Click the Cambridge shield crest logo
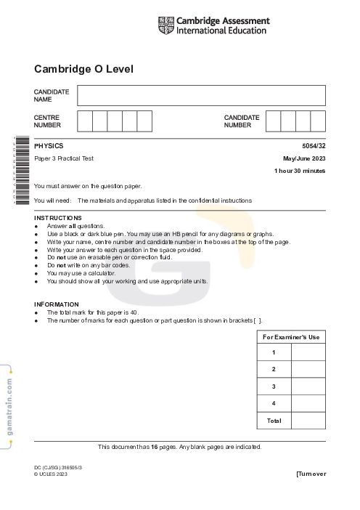[x=165, y=26]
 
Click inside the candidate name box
[x=201, y=96]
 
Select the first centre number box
[x=85, y=121]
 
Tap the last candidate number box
[x=318, y=121]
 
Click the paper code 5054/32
[x=314, y=146]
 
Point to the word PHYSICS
[x=49, y=146]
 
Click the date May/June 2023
[x=304, y=158]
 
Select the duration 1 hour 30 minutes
[x=300, y=171]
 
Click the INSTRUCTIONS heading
[x=58, y=218]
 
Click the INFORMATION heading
[x=57, y=304]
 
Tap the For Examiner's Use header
[x=291, y=337]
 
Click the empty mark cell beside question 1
[x=308, y=352]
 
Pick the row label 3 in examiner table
[x=274, y=386]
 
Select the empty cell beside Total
[x=308, y=421]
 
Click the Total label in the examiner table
[x=274, y=421]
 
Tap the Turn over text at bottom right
[x=311, y=474]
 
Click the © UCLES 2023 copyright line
[x=51, y=474]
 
